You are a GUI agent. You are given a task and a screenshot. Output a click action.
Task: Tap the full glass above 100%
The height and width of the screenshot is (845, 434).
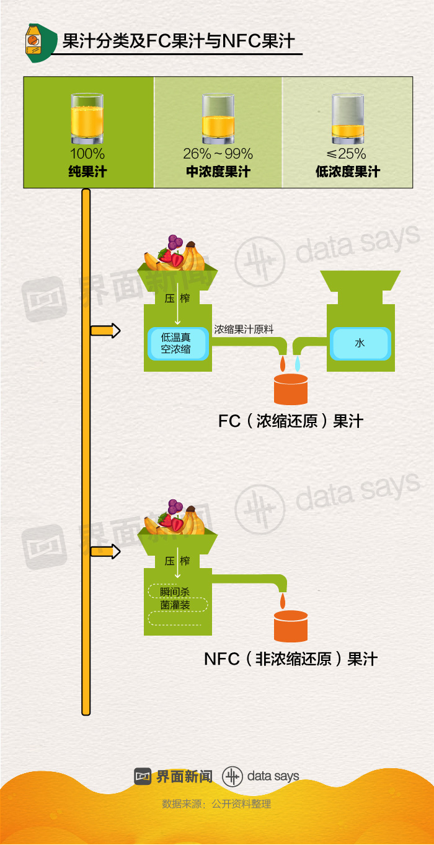pyautogui.click(x=87, y=118)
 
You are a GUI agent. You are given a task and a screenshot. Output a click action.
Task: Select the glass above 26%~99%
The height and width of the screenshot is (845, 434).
pyautogui.click(x=218, y=118)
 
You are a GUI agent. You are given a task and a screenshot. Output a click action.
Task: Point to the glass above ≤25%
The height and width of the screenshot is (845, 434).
pyautogui.click(x=348, y=118)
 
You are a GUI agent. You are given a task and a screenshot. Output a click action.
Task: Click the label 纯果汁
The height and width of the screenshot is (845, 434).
pyautogui.click(x=87, y=172)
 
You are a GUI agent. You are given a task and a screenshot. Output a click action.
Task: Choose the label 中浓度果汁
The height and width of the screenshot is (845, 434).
pyautogui.click(x=218, y=172)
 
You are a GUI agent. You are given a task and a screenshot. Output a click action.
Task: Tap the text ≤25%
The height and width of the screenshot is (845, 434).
pyautogui.click(x=346, y=154)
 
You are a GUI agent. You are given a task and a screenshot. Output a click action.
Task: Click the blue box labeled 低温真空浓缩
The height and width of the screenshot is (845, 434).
pyautogui.click(x=178, y=343)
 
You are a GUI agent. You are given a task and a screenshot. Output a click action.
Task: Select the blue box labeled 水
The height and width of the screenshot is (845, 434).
pyautogui.click(x=360, y=343)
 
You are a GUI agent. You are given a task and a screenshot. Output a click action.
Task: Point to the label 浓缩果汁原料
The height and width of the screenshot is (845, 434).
pyautogui.click(x=244, y=330)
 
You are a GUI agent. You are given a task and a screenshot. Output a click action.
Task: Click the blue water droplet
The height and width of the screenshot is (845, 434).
pyautogui.click(x=298, y=364)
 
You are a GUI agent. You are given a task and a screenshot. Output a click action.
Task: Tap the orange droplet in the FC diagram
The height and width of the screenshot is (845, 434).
pyautogui.click(x=283, y=364)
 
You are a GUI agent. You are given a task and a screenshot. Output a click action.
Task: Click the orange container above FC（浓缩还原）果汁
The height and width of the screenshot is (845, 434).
pyautogui.click(x=291, y=389)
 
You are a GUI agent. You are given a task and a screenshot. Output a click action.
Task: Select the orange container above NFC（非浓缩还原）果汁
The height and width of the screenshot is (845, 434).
pyautogui.click(x=291, y=626)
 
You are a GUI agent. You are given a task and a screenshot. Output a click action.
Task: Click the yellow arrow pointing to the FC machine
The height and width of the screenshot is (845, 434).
pyautogui.click(x=105, y=331)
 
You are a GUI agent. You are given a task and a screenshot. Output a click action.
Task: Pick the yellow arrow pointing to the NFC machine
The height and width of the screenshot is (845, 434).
pyautogui.click(x=105, y=551)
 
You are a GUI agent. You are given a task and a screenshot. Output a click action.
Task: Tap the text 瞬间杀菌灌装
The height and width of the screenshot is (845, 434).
pyautogui.click(x=175, y=598)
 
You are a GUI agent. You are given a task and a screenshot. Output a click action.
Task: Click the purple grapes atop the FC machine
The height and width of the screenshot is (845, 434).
pyautogui.click(x=175, y=242)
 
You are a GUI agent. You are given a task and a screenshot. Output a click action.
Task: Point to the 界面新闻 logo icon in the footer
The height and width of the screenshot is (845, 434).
pyautogui.click(x=143, y=776)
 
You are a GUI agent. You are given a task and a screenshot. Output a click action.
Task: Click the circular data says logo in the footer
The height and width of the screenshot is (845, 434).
pyautogui.click(x=232, y=776)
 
